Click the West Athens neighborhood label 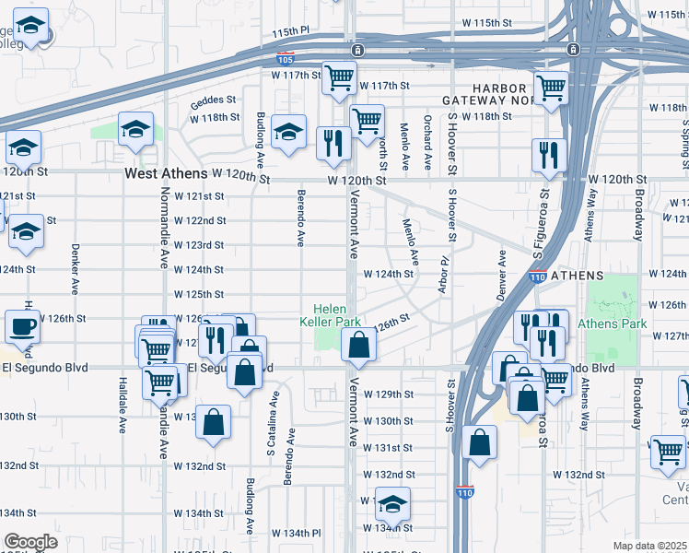point(166,173)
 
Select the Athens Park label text point(612,324)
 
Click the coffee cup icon point(22,326)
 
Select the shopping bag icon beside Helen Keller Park point(358,347)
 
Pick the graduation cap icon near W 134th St point(392,505)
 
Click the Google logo point(30,542)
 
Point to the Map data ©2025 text point(650,546)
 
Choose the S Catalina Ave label point(271,424)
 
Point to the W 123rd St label point(200,245)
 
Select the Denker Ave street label point(72,266)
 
